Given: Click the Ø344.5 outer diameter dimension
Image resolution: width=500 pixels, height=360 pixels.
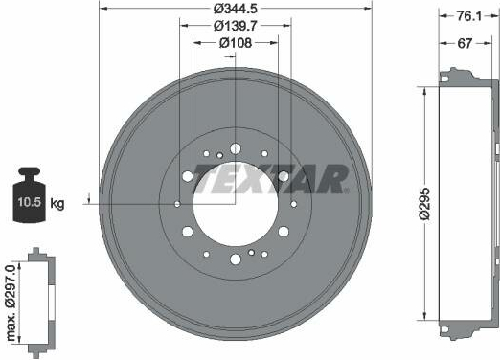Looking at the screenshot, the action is (236, 9).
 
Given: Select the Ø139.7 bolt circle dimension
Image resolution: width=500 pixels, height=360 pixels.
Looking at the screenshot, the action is (236, 26).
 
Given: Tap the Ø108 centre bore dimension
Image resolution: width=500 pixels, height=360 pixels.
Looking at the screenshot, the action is (236, 43).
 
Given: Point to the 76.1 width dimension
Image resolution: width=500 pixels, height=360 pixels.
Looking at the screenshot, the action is (468, 16).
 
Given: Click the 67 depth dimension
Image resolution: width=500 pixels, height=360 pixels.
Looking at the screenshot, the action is (465, 43).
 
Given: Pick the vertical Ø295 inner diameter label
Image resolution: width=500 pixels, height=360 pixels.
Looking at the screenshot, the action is (425, 204).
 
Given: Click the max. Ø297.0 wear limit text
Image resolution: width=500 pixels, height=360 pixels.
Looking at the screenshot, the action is (11, 303).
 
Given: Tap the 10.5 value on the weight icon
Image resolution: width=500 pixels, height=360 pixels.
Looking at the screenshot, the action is (30, 202).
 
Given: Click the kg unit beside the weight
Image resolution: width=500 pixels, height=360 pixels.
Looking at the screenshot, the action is (57, 203).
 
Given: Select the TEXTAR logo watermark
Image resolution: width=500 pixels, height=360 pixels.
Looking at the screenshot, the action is (270, 179).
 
